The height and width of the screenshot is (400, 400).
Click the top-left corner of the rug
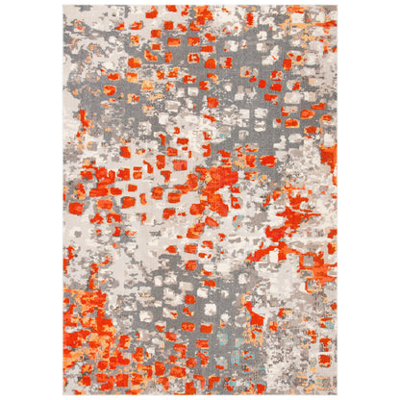(63, 5)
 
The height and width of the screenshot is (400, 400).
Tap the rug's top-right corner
(337, 5)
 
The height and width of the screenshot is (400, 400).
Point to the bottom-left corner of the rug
(63, 395)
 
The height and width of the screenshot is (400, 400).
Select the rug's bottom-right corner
(337, 395)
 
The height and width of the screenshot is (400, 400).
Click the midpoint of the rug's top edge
(200, 5)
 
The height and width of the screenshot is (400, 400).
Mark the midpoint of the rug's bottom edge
(200, 395)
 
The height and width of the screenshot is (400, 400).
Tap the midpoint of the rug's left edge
(63, 200)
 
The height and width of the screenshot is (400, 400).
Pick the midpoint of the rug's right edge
(337, 200)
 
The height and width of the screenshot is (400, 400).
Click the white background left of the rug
(29, 200)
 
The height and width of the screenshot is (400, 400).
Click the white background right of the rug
(370, 200)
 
